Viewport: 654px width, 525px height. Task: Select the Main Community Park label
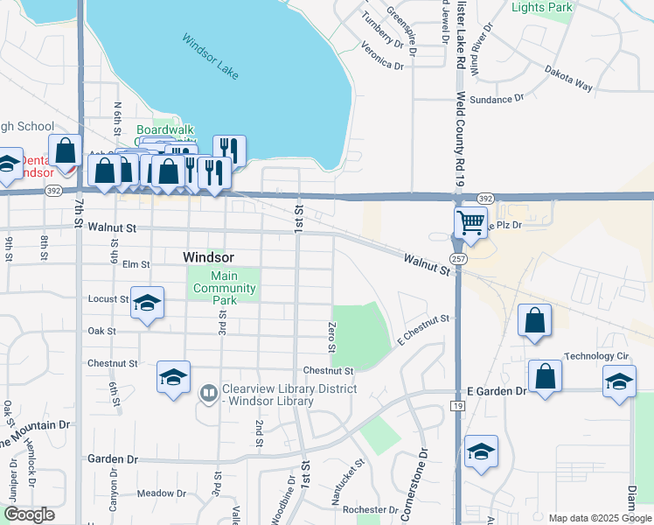click(x=225, y=288)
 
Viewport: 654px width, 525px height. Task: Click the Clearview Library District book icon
click(x=208, y=395)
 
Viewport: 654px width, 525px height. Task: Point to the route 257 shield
click(x=457, y=259)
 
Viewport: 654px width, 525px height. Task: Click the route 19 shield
click(x=457, y=406)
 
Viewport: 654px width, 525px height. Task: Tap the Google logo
click(x=29, y=514)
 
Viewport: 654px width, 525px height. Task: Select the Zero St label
click(x=332, y=337)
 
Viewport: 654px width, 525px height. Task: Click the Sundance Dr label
click(x=497, y=100)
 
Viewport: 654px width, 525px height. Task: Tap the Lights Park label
click(x=541, y=7)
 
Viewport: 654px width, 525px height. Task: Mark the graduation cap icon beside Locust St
click(x=148, y=303)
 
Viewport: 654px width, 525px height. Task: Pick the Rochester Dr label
click(x=371, y=510)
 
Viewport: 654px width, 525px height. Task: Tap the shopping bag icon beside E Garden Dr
click(x=545, y=377)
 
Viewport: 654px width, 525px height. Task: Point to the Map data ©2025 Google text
click(x=598, y=518)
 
